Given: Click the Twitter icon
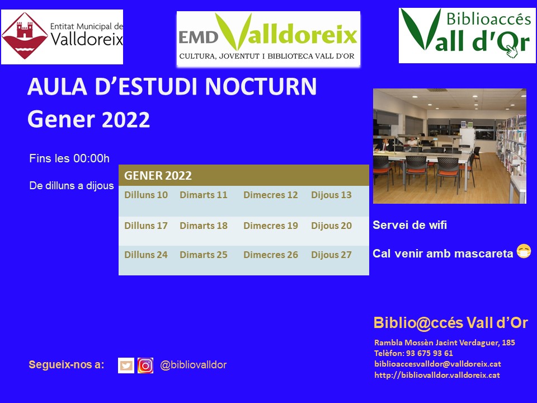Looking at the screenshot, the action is (x=126, y=365).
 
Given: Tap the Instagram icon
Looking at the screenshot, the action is (x=145, y=365).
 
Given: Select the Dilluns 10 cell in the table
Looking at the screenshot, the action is (x=146, y=195).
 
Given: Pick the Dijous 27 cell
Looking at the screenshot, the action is (x=331, y=255).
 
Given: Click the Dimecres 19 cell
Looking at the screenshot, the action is (x=271, y=226).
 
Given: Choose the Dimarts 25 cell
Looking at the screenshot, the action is (x=204, y=255).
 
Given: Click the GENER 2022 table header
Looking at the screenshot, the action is (x=243, y=175).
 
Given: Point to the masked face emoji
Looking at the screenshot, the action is (x=524, y=251).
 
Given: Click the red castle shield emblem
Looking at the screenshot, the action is (x=24, y=36).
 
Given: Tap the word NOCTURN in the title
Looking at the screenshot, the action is (x=261, y=86).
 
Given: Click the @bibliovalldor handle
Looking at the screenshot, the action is (x=193, y=365).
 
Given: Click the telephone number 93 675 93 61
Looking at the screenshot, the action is (x=430, y=353).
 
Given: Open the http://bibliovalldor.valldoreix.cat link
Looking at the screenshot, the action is (x=437, y=375).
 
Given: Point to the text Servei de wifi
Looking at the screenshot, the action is (x=409, y=225).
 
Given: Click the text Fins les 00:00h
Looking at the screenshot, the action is (x=69, y=158).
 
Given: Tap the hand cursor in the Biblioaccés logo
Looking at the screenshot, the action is (x=512, y=51).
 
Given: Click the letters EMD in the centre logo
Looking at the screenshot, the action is (x=198, y=38).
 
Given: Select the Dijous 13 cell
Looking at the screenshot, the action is (x=331, y=195).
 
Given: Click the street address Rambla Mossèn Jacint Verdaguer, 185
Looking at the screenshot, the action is (x=445, y=343).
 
